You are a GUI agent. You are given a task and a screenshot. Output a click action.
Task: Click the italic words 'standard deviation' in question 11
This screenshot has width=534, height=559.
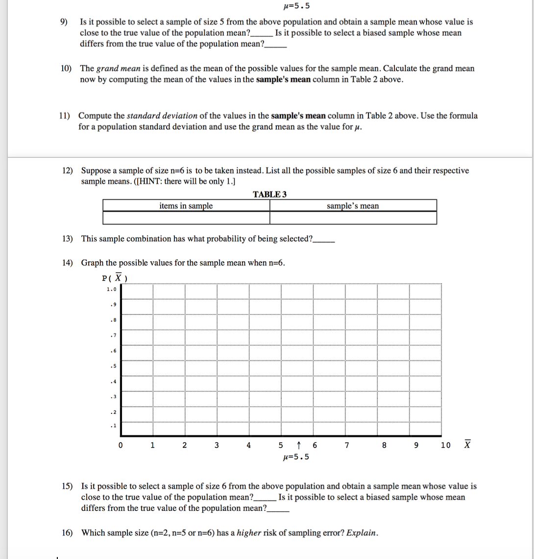[162, 116]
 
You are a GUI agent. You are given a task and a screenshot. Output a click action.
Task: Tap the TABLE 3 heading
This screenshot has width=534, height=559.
[269, 194]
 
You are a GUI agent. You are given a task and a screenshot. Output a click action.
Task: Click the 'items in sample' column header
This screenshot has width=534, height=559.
[186, 206]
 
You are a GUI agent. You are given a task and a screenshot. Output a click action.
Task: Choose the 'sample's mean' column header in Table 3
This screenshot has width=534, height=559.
[353, 206]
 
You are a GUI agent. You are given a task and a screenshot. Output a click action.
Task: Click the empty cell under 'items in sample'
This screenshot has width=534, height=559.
[186, 218]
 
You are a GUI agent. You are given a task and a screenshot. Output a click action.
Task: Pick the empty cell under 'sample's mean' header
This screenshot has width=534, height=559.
[353, 218]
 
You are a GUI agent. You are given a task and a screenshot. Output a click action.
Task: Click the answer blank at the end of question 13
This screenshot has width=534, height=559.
[324, 240]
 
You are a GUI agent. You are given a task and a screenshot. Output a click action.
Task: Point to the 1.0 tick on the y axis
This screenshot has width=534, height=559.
[111, 289]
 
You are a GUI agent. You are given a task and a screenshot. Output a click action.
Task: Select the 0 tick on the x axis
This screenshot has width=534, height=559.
[120, 446]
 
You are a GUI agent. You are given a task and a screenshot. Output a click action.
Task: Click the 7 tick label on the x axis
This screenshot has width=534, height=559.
[346, 446]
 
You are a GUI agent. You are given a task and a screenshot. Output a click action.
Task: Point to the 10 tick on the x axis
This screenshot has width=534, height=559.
[445, 446]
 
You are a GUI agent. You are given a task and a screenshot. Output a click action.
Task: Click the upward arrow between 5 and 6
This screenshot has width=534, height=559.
[298, 446]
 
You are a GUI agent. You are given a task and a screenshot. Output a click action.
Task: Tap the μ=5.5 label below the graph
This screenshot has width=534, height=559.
[296, 457]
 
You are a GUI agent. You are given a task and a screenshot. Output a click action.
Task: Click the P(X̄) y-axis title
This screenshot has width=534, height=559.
[115, 278]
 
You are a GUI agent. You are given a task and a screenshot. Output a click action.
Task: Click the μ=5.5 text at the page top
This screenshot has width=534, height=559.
[296, 6]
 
